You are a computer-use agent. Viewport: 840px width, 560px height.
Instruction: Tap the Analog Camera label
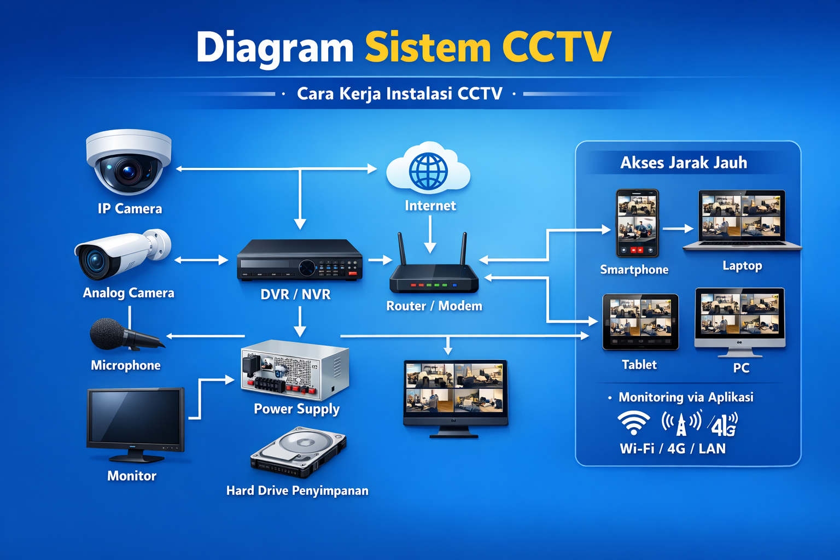(129, 293)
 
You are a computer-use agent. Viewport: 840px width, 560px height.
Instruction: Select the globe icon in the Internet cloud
(428, 171)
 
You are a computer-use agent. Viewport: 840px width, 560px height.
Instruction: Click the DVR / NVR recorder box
(300, 261)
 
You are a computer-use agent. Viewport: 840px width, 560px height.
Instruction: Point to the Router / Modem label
(434, 306)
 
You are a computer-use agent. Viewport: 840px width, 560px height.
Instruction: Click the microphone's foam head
(107, 333)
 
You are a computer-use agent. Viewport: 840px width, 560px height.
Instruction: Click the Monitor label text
(132, 476)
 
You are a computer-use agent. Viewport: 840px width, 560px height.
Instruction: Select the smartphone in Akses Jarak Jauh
(637, 223)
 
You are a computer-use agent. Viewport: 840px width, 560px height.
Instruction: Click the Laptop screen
(742, 215)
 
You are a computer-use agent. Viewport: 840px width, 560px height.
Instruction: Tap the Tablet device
(640, 322)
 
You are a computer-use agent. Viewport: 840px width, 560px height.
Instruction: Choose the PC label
(741, 368)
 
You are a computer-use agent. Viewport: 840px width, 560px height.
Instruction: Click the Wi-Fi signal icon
(633, 423)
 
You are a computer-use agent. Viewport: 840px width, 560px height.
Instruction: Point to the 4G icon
(724, 424)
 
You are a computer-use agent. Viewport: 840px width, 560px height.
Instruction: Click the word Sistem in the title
(428, 48)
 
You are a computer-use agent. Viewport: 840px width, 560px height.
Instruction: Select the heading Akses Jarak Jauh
(684, 163)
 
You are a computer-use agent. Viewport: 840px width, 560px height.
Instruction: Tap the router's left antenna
(402, 249)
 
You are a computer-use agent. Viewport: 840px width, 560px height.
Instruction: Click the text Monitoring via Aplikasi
(686, 398)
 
